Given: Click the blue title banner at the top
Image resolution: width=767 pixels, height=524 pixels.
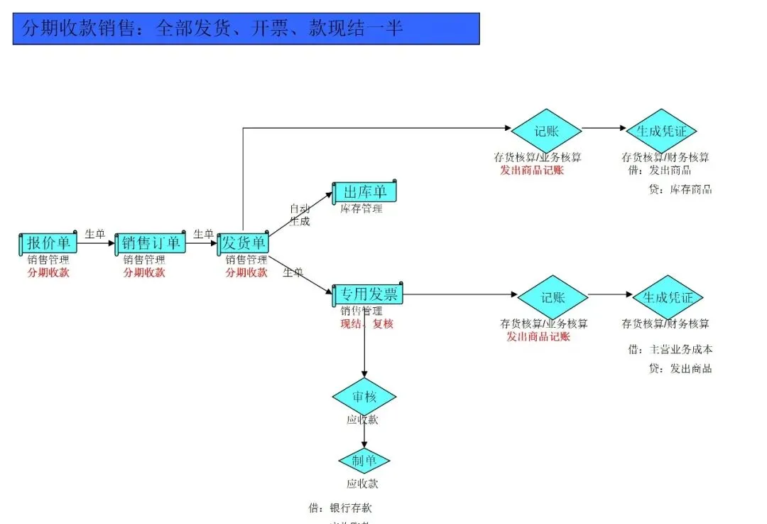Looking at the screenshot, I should (246, 28).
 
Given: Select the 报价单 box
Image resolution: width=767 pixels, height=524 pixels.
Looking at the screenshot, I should (48, 243).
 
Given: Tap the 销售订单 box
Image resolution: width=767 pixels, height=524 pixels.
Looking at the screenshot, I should (150, 243).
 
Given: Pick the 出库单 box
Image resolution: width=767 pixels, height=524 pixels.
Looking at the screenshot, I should (364, 192).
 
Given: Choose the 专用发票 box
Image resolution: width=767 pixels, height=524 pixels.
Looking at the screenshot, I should (368, 294).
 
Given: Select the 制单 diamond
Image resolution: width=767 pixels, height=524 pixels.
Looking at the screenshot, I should (364, 461).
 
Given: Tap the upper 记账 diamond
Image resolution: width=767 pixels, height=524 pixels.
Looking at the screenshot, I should (546, 130).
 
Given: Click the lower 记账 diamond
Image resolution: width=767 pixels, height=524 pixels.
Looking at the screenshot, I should (553, 297).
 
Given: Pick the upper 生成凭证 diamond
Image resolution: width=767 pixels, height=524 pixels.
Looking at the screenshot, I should (661, 131).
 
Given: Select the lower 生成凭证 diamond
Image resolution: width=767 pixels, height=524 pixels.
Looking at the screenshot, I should (667, 297).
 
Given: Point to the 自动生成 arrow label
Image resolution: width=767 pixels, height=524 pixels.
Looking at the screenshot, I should (300, 215).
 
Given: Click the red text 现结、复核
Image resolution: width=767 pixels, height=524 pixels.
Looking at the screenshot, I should (366, 324).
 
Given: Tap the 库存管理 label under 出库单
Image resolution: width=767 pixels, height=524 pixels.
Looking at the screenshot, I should (361, 208).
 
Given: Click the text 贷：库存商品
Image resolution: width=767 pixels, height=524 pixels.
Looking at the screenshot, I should (680, 189).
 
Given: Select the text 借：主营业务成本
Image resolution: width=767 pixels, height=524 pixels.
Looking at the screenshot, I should (670, 349).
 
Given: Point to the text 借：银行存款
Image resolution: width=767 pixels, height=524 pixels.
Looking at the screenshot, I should (340, 508).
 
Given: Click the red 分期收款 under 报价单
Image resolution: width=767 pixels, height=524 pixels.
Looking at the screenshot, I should (48, 272).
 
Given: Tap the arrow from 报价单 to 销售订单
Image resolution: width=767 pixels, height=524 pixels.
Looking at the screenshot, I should (95, 243).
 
